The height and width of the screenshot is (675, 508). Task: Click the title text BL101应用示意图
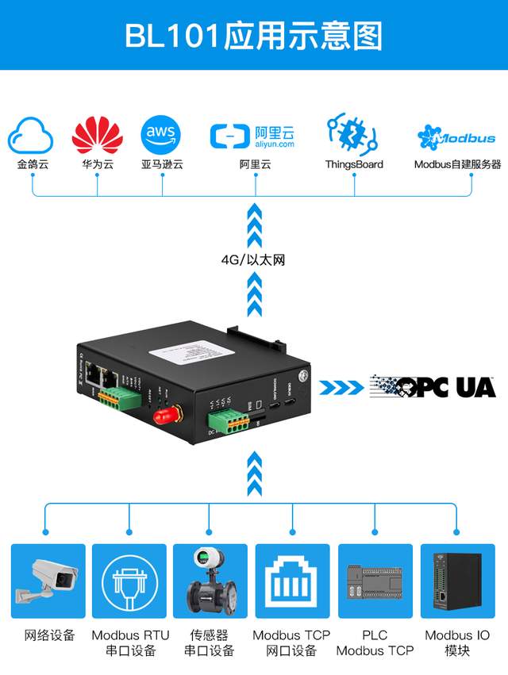[254, 36]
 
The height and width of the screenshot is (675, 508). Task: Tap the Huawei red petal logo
[98, 136]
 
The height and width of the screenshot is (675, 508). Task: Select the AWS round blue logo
[161, 136]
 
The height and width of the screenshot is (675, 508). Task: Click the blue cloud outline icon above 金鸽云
[31, 136]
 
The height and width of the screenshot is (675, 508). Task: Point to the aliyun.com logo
[253, 136]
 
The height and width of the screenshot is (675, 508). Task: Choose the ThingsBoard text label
[354, 165]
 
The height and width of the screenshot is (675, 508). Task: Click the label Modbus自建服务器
[457, 165]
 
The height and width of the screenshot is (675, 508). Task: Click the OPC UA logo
[432, 386]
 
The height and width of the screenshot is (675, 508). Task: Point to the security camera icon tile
[48, 581]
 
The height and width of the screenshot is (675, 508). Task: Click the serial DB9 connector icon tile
[129, 581]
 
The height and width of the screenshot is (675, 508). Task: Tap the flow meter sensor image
[211, 581]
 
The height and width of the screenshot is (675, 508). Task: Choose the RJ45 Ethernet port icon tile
[292, 581]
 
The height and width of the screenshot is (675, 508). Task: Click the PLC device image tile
[375, 581]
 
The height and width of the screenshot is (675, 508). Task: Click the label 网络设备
[49, 635]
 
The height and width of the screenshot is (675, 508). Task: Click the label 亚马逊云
[162, 165]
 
